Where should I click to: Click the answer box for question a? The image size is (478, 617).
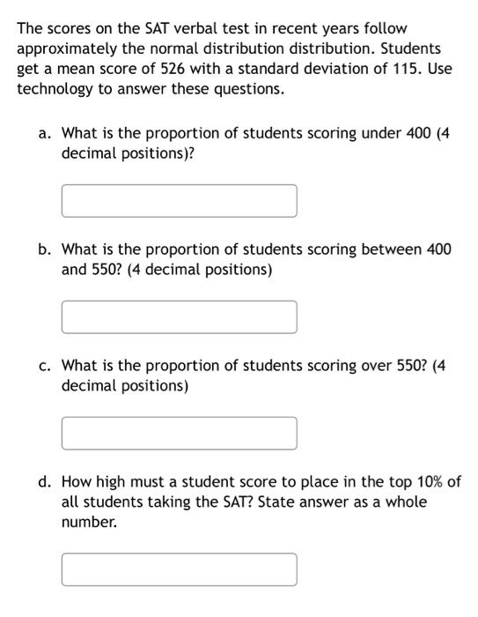179,200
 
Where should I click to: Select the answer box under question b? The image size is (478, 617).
179,316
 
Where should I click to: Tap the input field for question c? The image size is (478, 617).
179,433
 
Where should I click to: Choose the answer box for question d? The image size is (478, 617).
179,569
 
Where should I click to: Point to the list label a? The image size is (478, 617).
44,133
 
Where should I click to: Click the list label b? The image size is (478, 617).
44,249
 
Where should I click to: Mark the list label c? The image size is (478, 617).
44,366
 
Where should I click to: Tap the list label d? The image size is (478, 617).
44,482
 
